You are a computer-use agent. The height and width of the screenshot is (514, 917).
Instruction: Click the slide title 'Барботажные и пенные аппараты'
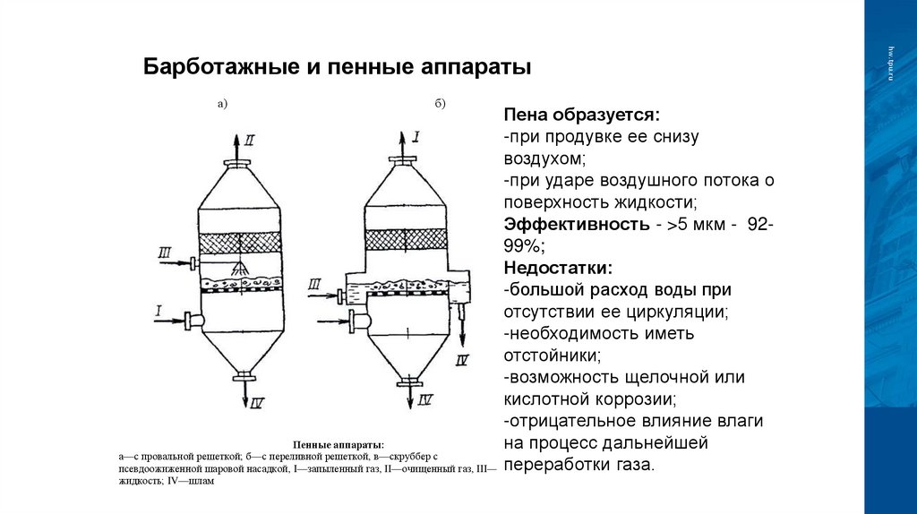point(339,68)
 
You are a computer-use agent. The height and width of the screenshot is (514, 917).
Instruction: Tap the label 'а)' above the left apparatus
point(223,104)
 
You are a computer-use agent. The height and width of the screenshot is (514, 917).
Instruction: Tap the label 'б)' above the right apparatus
point(441,104)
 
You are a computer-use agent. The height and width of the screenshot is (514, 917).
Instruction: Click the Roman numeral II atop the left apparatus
point(250,139)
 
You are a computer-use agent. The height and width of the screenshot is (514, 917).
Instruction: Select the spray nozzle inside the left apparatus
point(240,269)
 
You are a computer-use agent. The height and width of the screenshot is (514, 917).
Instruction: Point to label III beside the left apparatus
point(166,254)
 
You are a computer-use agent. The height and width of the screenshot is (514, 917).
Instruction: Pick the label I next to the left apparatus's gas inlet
point(159,311)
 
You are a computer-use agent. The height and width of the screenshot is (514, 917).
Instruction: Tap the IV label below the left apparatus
point(256,404)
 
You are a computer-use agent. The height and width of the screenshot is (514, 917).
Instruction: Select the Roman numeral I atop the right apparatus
point(416,137)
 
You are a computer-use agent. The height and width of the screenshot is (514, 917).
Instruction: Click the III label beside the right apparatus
point(316,285)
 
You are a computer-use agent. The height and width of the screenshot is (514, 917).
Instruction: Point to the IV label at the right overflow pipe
point(462,361)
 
